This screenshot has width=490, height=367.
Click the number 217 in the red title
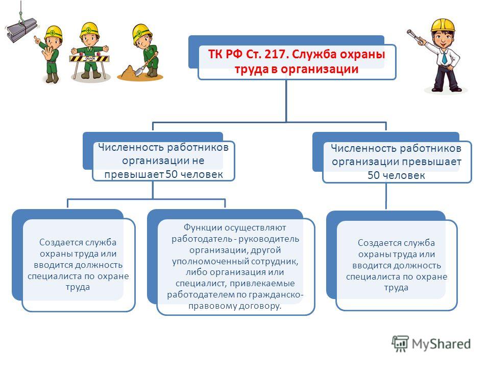tap(275, 54)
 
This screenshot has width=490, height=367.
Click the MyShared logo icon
tap(400, 343)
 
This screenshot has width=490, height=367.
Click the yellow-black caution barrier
tap(90, 58)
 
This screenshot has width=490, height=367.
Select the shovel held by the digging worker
tap(145, 65)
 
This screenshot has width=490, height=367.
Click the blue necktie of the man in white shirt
tap(444, 58)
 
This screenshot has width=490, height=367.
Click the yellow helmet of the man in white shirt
tap(443, 25)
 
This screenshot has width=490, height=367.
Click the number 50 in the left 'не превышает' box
tap(171, 174)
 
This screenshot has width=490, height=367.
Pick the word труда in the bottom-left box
tap(78, 287)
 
